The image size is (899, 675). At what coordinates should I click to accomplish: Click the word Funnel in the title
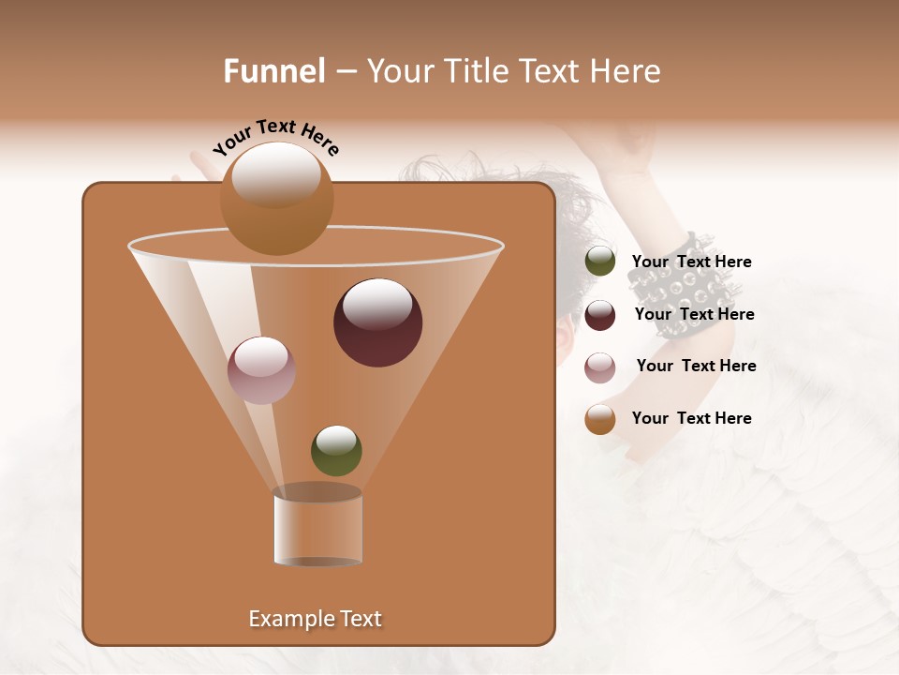[273, 71]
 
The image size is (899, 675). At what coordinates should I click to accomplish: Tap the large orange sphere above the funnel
[276, 199]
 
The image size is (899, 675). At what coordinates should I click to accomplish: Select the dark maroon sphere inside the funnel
[377, 322]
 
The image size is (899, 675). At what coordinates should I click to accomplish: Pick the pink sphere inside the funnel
[261, 370]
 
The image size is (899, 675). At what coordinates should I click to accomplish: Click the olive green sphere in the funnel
[336, 450]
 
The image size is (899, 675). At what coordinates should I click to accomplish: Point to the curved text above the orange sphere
[276, 136]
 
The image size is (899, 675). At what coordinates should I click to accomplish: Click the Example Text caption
[315, 619]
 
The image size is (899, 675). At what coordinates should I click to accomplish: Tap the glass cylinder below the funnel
[317, 529]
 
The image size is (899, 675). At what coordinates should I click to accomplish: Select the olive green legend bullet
[600, 262]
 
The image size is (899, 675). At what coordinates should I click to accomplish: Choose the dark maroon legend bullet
[600, 315]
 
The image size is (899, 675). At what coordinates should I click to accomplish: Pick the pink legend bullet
[600, 367]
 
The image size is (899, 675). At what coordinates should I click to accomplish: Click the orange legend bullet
[600, 419]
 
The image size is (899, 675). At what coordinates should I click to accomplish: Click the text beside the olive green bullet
[691, 262]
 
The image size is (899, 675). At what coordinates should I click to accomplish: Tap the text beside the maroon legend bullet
[694, 314]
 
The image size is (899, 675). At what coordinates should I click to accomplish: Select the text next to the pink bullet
[696, 366]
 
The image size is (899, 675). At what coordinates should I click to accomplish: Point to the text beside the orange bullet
[691, 418]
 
